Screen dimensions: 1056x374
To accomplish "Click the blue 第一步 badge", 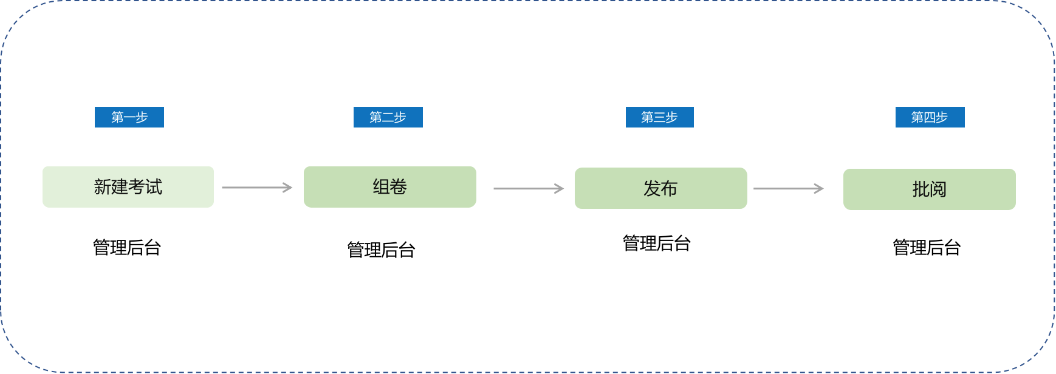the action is (x=129, y=117).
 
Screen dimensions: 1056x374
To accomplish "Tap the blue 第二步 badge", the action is (x=388, y=117).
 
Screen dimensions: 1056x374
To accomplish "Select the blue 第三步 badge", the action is (x=660, y=117).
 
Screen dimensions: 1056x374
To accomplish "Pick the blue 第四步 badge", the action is (x=930, y=117).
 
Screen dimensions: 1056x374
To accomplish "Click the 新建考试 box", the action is (x=128, y=187).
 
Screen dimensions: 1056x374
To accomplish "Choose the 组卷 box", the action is (x=390, y=187).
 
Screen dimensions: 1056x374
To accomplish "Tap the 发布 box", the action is (x=661, y=188).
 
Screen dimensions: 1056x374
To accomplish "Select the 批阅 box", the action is (x=930, y=189).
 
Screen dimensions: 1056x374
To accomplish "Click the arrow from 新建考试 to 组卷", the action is (x=257, y=188).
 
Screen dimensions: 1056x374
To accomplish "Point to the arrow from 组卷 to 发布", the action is (x=529, y=189).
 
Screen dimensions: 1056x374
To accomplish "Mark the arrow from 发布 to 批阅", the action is (x=789, y=189).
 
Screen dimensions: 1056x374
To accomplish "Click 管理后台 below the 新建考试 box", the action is (x=127, y=248).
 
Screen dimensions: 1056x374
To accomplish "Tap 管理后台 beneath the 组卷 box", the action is (x=381, y=250).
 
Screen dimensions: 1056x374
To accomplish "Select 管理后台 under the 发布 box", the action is (x=657, y=243).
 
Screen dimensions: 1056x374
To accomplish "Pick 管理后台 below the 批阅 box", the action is (x=927, y=248).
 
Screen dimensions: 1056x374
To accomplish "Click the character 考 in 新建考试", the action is (x=137, y=187).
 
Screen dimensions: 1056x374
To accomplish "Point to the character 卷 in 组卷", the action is (x=399, y=187).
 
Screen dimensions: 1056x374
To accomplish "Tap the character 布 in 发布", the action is (x=670, y=189).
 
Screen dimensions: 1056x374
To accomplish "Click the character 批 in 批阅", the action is (x=921, y=190).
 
